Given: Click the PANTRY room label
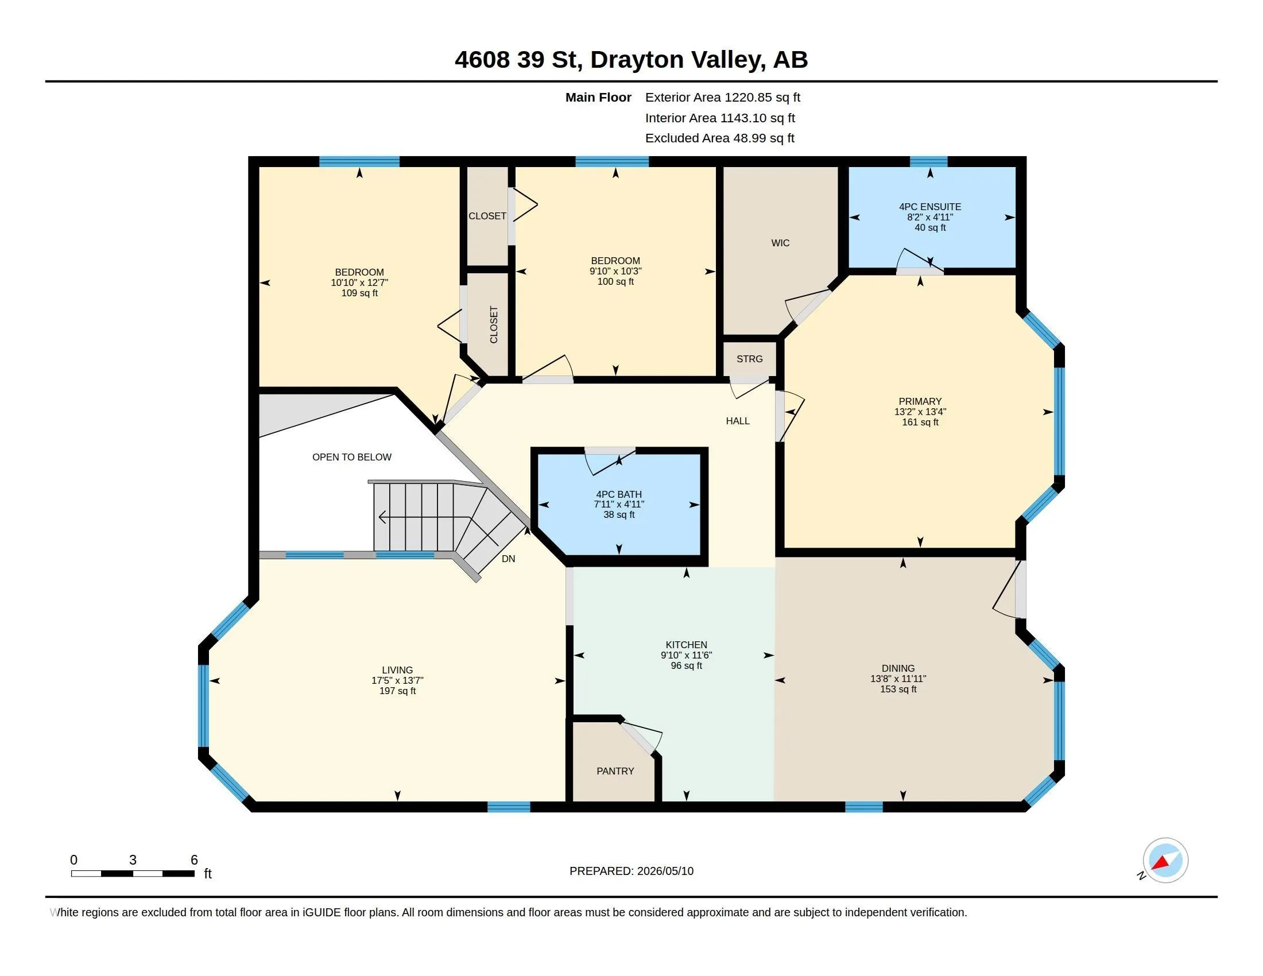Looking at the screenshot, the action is (x=615, y=771).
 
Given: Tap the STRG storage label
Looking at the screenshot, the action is (x=749, y=359).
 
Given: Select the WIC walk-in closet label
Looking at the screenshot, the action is (x=780, y=243).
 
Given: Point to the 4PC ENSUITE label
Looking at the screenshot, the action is (x=930, y=207).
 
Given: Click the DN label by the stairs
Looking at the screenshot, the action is (x=508, y=559).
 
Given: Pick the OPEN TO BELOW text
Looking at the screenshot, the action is (x=351, y=457).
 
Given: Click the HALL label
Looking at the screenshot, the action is (x=737, y=421).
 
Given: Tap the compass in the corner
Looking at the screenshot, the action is (x=1165, y=861).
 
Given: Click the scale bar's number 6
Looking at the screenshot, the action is (x=194, y=860).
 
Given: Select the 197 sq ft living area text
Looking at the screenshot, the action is (x=397, y=691).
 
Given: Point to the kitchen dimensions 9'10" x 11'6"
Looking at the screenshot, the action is (x=687, y=655).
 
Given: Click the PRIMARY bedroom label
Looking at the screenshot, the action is (x=920, y=401).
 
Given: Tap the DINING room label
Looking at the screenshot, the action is (x=898, y=668).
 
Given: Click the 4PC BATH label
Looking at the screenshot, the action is (x=619, y=494).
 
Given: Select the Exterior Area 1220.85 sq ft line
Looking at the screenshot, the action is (x=722, y=97).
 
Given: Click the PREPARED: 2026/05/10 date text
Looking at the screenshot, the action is (x=631, y=871).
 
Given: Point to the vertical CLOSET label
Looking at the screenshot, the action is (x=493, y=325).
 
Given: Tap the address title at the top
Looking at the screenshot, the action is (x=631, y=59).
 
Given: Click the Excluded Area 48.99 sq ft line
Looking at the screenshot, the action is (x=719, y=138).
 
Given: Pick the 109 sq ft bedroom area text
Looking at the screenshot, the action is (x=359, y=293).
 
